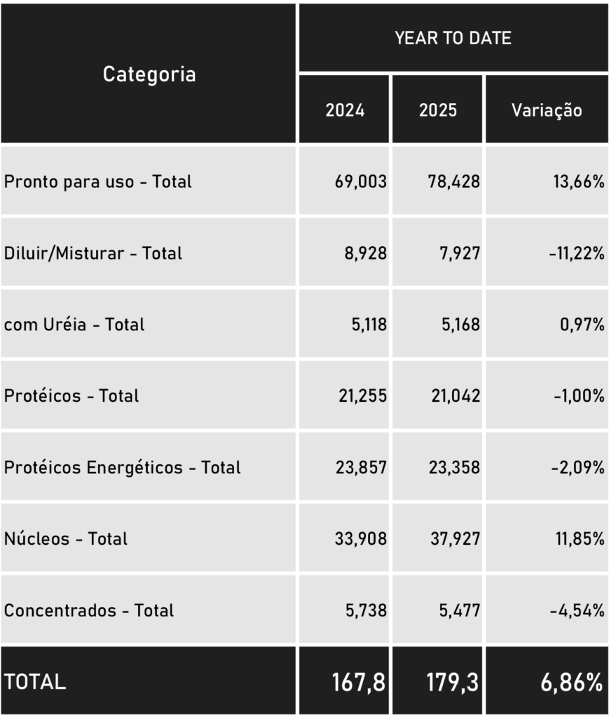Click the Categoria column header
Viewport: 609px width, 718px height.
(x=149, y=74)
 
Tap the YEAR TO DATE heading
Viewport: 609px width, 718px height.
(x=453, y=38)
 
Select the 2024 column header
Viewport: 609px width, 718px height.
(x=345, y=110)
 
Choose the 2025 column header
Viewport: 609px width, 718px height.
(x=438, y=110)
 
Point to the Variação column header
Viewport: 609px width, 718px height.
(x=547, y=110)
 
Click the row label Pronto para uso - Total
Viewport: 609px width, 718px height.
(x=98, y=182)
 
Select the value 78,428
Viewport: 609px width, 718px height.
(x=454, y=182)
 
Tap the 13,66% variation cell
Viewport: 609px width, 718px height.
(x=578, y=182)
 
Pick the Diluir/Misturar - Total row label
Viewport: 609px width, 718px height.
(x=93, y=253)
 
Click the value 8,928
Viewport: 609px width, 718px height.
(x=365, y=253)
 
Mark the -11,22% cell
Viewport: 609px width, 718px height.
(x=576, y=253)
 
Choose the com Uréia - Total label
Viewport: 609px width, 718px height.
(x=74, y=325)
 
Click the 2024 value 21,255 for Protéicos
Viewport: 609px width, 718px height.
(x=361, y=396)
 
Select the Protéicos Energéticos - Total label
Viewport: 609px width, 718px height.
(x=123, y=468)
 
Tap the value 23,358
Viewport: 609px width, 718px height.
(x=454, y=468)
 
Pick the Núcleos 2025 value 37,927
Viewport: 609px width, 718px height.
(x=454, y=539)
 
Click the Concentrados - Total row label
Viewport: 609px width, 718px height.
(x=89, y=611)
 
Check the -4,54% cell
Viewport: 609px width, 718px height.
(x=577, y=611)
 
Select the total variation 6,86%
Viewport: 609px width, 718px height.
(x=571, y=682)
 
